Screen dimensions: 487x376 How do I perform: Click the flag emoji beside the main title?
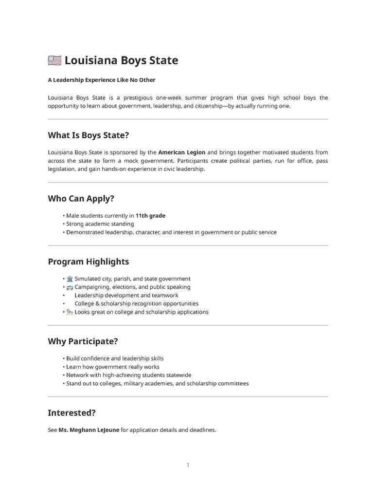[54, 61]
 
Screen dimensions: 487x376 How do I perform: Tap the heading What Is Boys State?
[88, 135]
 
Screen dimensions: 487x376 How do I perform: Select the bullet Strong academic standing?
[100, 224]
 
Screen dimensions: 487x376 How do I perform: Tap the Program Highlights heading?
[88, 262]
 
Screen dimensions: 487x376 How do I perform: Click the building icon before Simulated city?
[70, 279]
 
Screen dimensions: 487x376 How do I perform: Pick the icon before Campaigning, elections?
[70, 287]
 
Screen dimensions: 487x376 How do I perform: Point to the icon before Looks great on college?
[70, 312]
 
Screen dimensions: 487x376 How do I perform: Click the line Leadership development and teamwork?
[126, 296]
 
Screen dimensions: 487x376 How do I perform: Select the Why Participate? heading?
[83, 341]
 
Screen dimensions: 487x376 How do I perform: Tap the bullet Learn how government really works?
[113, 367]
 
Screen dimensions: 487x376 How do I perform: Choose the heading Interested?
[72, 413]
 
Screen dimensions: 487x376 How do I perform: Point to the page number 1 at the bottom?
[188, 465]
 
